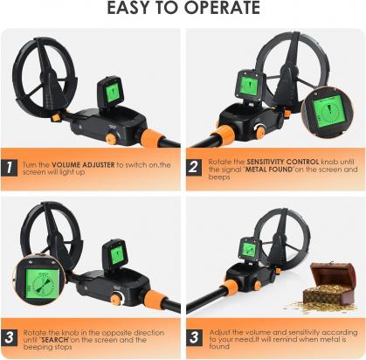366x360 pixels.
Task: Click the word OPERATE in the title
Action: pyautogui.click(x=222, y=8)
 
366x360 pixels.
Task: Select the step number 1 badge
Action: pyautogui.click(x=9, y=168)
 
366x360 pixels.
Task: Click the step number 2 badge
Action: pyautogui.click(x=194, y=167)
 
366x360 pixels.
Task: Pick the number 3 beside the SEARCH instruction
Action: pyautogui.click(x=9, y=337)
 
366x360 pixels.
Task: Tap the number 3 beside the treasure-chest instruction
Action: pyautogui.click(x=194, y=337)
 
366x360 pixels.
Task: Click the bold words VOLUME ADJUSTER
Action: pyautogui.click(x=83, y=165)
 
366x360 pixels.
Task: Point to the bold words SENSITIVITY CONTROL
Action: pyautogui.click(x=283, y=162)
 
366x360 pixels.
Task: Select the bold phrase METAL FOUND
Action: pyautogui.click(x=269, y=170)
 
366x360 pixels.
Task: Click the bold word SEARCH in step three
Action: pyautogui.click(x=55, y=340)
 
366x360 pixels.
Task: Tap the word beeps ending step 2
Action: pyautogui.click(x=219, y=177)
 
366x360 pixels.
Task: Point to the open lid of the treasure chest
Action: pyautogui.click(x=332, y=273)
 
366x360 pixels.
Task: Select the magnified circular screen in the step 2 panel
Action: pyautogui.click(x=328, y=113)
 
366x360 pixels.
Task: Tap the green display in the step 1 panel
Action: pyautogui.click(x=112, y=93)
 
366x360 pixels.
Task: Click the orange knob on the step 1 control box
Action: pyautogui.click(x=111, y=139)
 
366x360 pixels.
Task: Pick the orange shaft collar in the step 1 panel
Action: pyautogui.click(x=152, y=137)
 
